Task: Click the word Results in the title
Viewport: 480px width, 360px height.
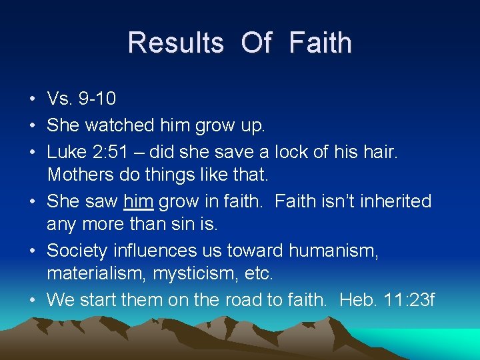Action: (175, 43)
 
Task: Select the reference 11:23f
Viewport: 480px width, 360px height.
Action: (410, 301)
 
